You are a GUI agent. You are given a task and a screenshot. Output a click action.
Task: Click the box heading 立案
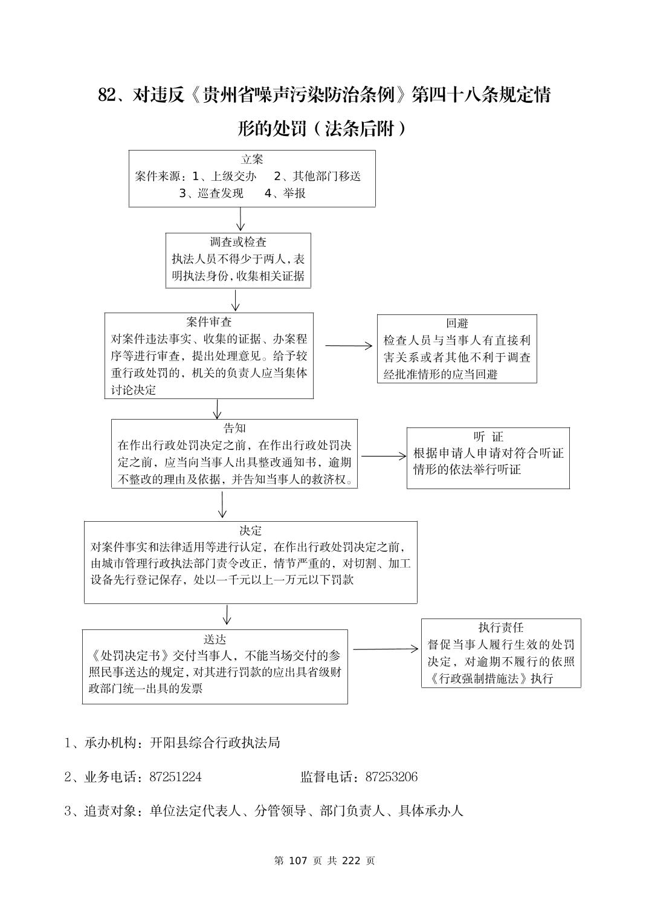tap(252, 160)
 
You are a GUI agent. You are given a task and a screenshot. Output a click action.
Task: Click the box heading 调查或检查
tap(238, 242)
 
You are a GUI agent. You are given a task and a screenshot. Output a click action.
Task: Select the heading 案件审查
tap(208, 322)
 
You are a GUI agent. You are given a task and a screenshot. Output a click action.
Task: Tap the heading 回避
tap(457, 323)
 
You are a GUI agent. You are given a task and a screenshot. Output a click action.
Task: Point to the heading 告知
tap(234, 429)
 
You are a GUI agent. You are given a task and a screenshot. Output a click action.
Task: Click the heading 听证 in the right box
tap(488, 437)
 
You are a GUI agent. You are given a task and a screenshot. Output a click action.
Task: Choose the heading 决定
tap(250, 531)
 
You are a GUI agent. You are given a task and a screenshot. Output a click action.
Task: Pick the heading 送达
tap(215, 639)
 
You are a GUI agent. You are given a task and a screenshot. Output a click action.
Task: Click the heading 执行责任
tap(501, 628)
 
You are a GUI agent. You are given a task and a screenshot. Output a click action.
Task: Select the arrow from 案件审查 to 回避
tap(349, 346)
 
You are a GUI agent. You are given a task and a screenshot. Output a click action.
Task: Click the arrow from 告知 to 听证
tap(384, 456)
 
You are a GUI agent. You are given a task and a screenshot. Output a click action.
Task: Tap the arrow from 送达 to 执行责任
tap(386, 649)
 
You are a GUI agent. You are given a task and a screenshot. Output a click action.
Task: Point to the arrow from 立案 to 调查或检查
tap(241, 219)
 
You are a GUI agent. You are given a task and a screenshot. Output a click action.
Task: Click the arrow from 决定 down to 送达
tap(227, 615)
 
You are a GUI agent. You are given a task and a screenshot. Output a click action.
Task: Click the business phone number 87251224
tap(175, 777)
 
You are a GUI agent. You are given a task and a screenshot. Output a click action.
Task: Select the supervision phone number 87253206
tap(391, 777)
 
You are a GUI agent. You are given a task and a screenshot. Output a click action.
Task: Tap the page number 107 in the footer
tap(299, 860)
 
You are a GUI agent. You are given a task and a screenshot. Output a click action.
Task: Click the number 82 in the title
tap(106, 95)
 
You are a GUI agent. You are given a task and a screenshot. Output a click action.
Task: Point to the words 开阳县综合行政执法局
tap(215, 742)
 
